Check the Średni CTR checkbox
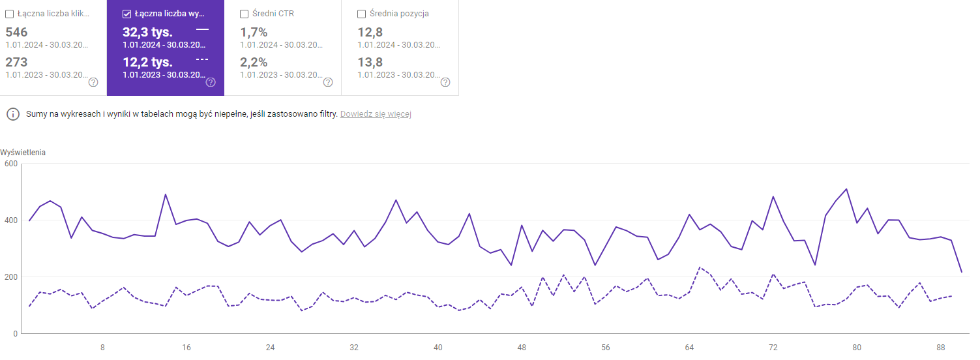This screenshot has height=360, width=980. tap(244, 14)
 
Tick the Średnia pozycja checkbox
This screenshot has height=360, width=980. tap(361, 14)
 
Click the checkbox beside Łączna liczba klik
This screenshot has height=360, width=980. tap(9, 14)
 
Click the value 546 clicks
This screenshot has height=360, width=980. tap(16, 32)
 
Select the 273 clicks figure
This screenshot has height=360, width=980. tap(16, 62)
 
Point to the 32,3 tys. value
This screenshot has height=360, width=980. tap(147, 32)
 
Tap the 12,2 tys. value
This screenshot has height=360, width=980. tap(147, 62)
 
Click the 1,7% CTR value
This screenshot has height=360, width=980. tap(254, 32)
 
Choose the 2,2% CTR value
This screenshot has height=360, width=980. tap(254, 62)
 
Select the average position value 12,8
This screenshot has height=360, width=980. tap(370, 32)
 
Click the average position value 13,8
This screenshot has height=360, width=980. tap(370, 62)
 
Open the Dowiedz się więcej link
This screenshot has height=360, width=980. tap(376, 114)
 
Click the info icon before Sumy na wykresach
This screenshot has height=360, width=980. tap(12, 114)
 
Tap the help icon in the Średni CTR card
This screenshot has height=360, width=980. tap(328, 82)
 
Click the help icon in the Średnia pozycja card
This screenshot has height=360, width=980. tap(445, 82)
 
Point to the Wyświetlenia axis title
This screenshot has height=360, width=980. tap(23, 153)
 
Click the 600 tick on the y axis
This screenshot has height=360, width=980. tap(10, 163)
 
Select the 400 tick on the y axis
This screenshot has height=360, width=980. tap(10, 220)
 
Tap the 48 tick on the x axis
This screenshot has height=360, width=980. tap(522, 348)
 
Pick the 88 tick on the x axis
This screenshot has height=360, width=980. tap(941, 348)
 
